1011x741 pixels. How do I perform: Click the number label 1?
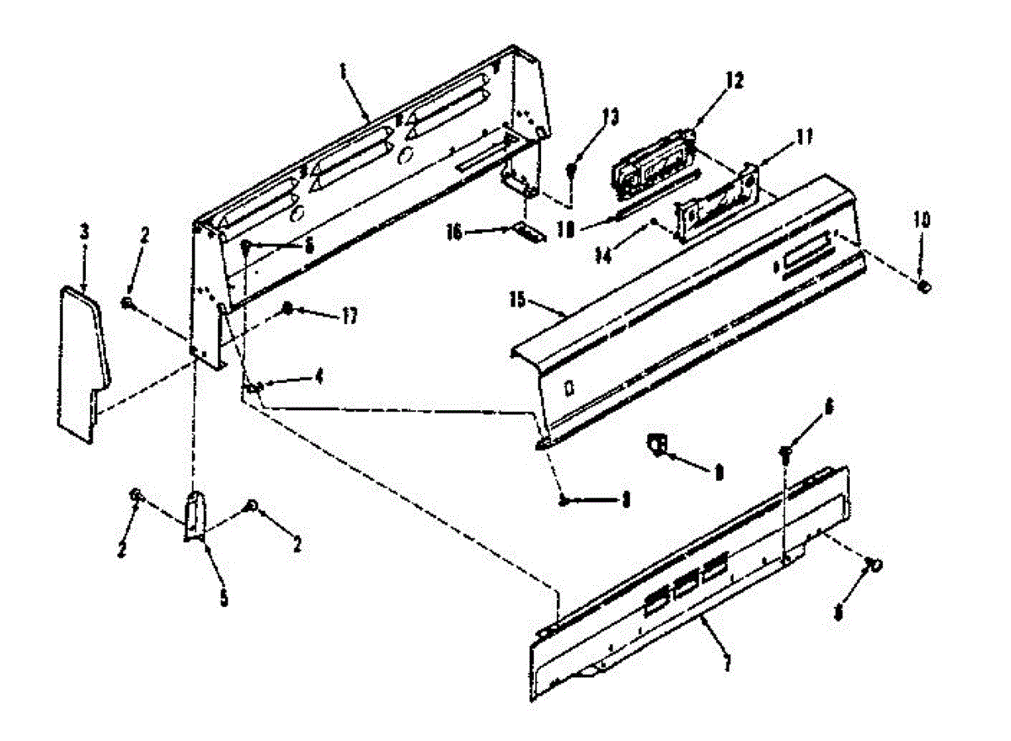tap(344, 72)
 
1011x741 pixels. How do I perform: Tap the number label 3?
tap(84, 231)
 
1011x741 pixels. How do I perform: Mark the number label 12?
tap(735, 82)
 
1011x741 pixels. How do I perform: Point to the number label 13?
tap(609, 117)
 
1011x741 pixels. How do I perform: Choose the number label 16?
tap(348, 317)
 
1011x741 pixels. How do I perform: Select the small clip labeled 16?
tap(528, 231)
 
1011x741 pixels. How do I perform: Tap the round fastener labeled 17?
tap(288, 309)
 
